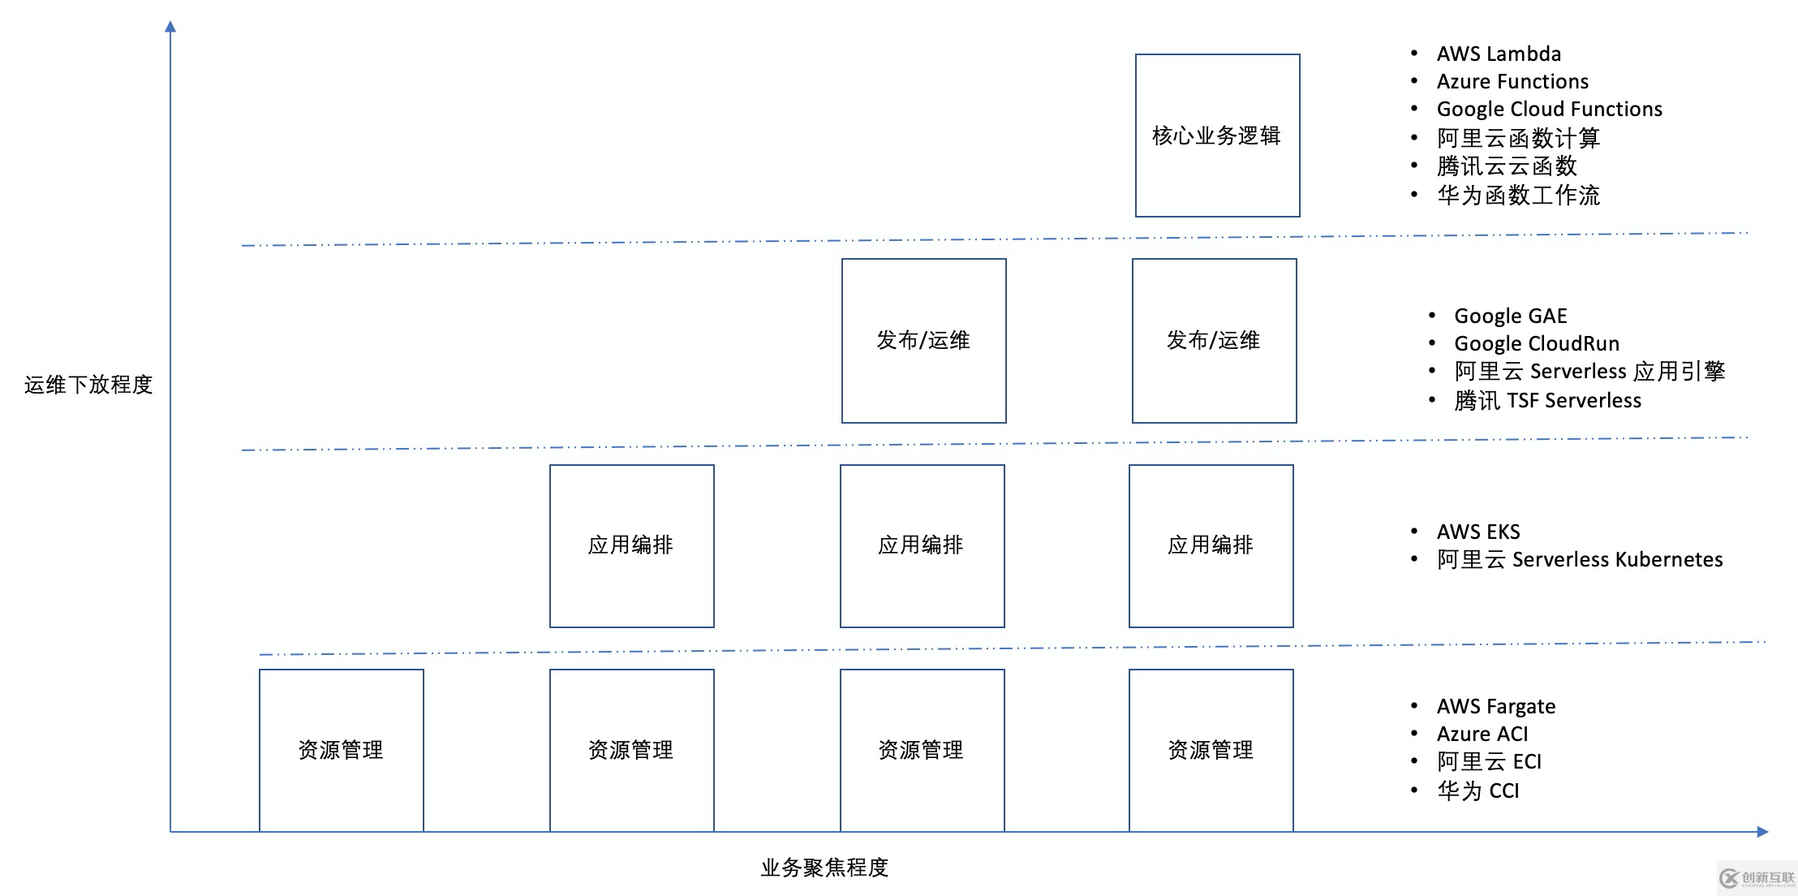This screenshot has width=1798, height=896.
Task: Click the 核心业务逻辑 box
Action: pyautogui.click(x=1217, y=136)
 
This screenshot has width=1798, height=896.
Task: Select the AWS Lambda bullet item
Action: pyautogui.click(x=1498, y=54)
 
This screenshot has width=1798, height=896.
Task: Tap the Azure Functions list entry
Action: pyautogui.click(x=1512, y=82)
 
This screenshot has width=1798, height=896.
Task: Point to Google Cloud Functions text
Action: pyautogui.click(x=1549, y=110)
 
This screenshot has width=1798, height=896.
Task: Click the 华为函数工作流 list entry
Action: pyautogui.click(x=1518, y=196)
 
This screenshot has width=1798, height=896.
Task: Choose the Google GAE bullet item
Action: pyautogui.click(x=1510, y=316)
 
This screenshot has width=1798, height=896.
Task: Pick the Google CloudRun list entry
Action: pyautogui.click(x=1536, y=343)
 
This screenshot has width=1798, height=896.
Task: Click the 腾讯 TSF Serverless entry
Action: pyautogui.click(x=1546, y=401)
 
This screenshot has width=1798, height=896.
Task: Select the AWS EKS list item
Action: pyautogui.click(x=1478, y=532)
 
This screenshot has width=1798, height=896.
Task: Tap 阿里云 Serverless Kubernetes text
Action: pyautogui.click(x=1579, y=560)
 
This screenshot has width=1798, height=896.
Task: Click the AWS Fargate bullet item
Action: pyautogui.click(x=1495, y=706)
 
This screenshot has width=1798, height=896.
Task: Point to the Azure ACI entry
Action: pyautogui.click(x=1482, y=734)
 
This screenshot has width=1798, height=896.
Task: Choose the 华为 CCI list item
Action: pyautogui.click(x=1478, y=790)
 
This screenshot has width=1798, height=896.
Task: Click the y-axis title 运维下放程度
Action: pyautogui.click(x=88, y=385)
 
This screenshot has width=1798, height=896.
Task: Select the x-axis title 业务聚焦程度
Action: pyautogui.click(x=824, y=868)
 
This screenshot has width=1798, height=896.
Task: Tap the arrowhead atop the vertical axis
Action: pyautogui.click(x=170, y=27)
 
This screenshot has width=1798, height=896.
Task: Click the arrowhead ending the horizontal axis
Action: pyautogui.click(x=1761, y=831)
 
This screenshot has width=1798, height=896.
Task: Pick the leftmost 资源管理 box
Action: pyautogui.click(x=341, y=750)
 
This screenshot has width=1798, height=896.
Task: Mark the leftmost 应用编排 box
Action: pyautogui.click(x=631, y=545)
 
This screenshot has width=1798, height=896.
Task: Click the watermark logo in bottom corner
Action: pyautogui.click(x=1756, y=878)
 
